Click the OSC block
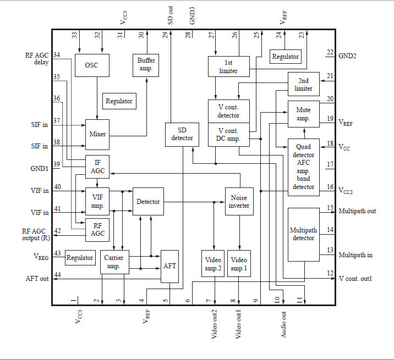(x=92, y=65)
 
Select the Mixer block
(x=97, y=134)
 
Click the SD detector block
(x=182, y=134)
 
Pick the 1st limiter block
(x=228, y=66)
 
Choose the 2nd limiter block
(x=304, y=85)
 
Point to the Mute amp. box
(x=303, y=114)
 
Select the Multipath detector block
(x=303, y=234)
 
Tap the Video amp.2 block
(x=212, y=264)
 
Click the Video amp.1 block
(x=239, y=264)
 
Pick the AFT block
(x=169, y=265)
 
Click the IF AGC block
(x=97, y=166)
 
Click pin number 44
(x=58, y=275)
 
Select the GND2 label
(x=350, y=56)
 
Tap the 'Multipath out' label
(x=358, y=211)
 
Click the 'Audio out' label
(x=284, y=324)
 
